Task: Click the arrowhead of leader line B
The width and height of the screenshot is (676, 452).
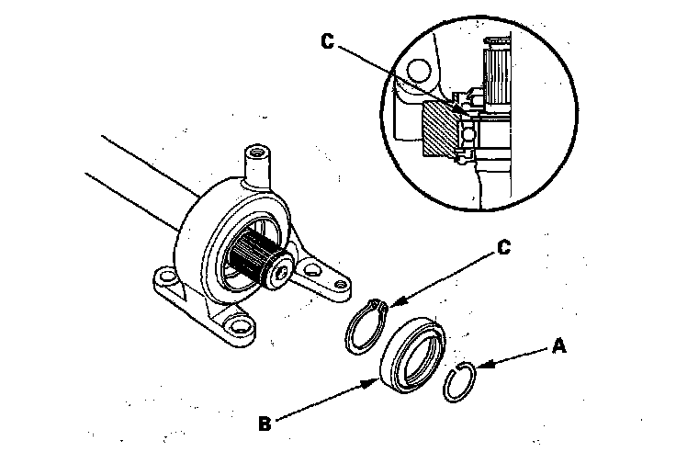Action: click(x=376, y=378)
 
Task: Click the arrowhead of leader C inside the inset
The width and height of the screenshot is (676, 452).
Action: click(x=464, y=113)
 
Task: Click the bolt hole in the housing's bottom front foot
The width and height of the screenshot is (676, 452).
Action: click(x=242, y=323)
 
